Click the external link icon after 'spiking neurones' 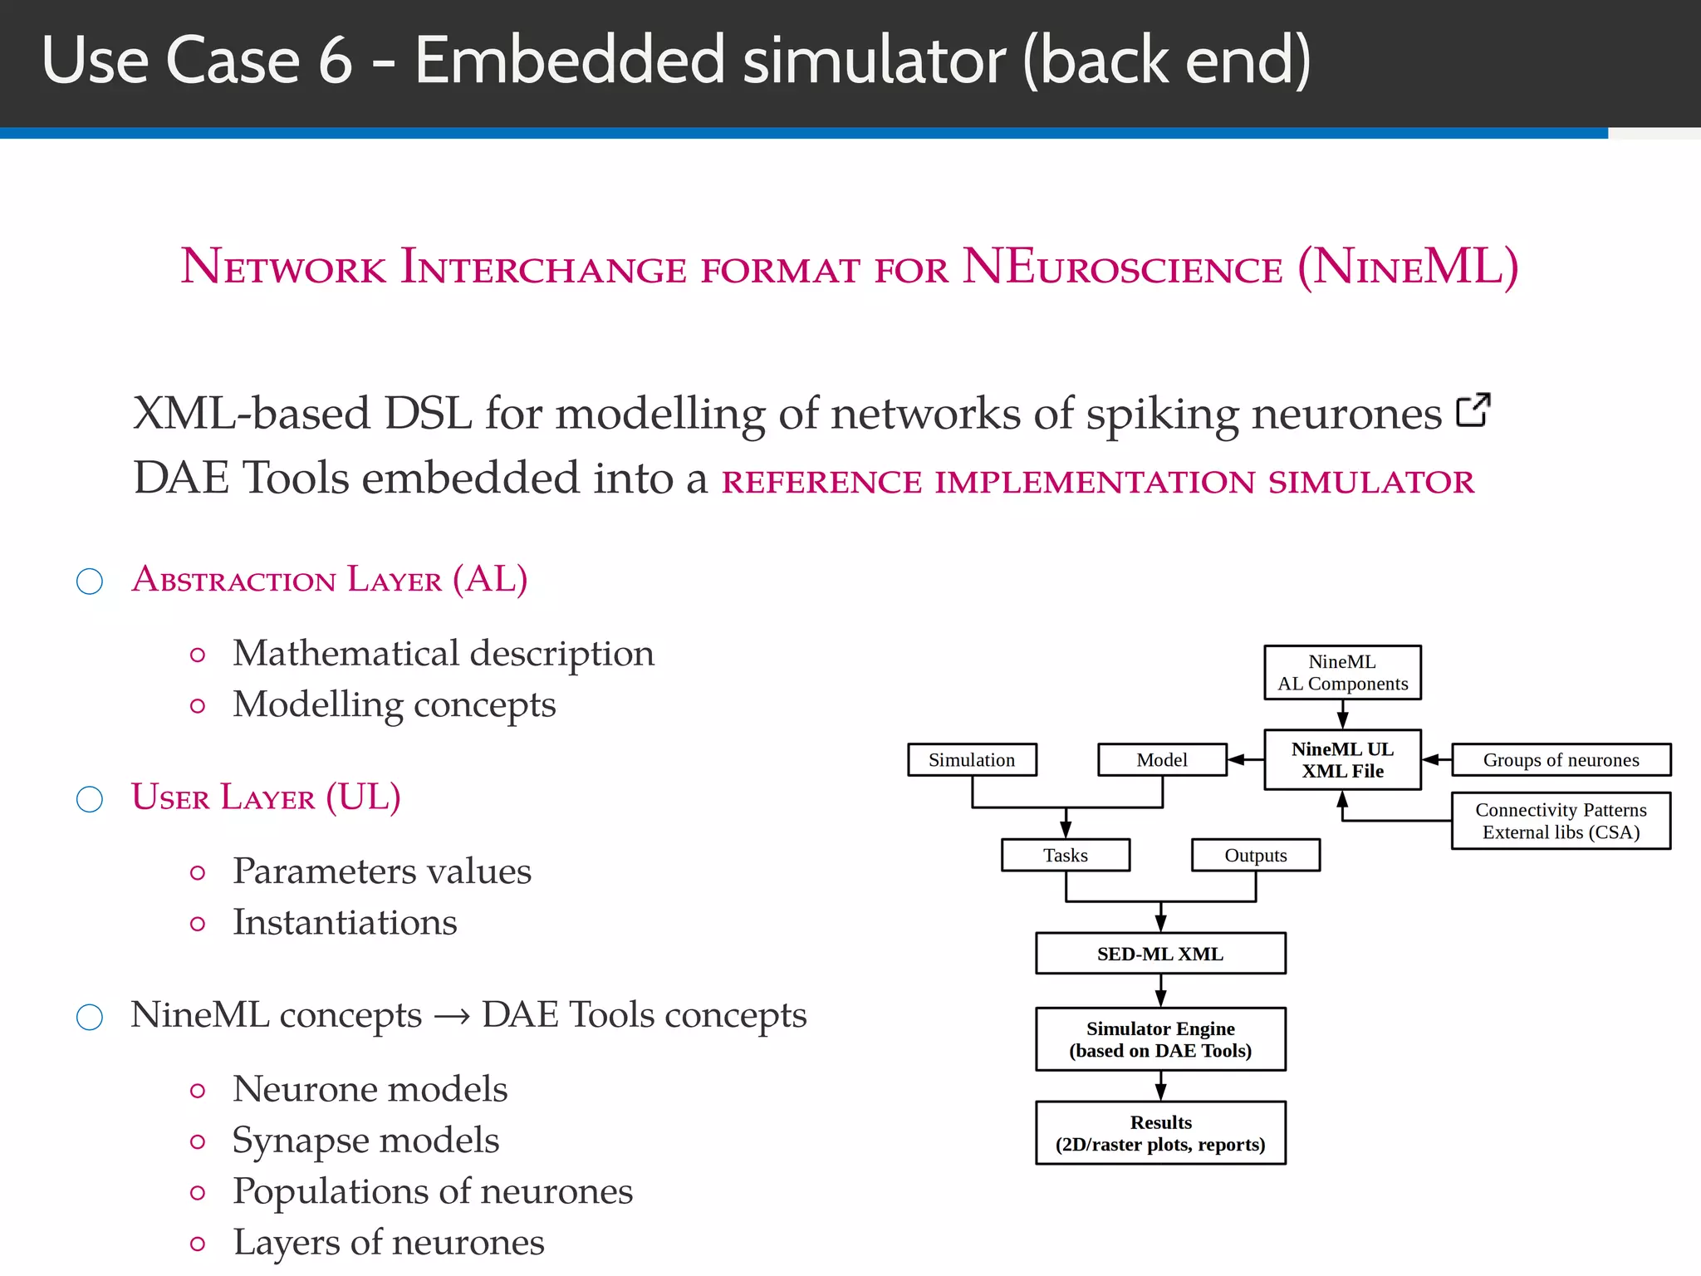[x=1473, y=410]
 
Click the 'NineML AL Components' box [x=1342, y=672]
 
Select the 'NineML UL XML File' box [x=1342, y=759]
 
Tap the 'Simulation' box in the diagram [x=972, y=759]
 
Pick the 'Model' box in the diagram [x=1161, y=759]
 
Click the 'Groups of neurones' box [x=1561, y=759]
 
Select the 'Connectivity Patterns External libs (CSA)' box [x=1561, y=821]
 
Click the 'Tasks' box [x=1066, y=855]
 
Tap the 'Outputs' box [x=1255, y=855]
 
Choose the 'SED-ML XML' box [x=1160, y=954]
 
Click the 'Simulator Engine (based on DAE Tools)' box [x=1160, y=1039]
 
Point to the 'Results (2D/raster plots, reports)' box [x=1160, y=1133]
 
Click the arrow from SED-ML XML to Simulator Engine [x=1160, y=990]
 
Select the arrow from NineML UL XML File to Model [x=1245, y=759]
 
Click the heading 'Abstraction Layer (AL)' [x=330, y=579]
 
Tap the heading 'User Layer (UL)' [x=266, y=797]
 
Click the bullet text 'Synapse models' [x=365, y=1140]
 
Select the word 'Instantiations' [x=345, y=922]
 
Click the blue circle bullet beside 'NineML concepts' [x=90, y=1017]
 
